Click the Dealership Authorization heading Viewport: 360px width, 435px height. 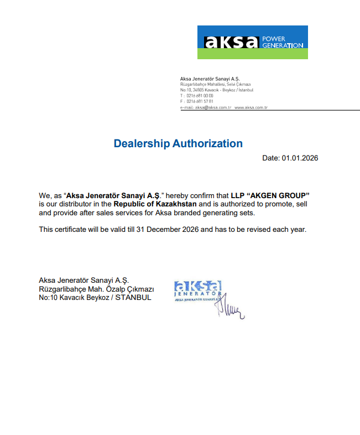coord(178,144)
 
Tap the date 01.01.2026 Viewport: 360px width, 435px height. coord(300,158)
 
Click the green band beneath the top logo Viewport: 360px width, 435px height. coord(252,54)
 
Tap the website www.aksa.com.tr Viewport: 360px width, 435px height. coord(251,107)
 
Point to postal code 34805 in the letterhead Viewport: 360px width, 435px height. coord(197,90)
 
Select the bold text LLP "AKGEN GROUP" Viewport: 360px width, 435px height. coord(270,196)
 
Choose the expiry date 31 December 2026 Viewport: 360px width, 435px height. coord(166,229)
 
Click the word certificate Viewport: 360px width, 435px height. coord(71,229)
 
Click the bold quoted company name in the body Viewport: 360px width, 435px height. coord(113,196)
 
